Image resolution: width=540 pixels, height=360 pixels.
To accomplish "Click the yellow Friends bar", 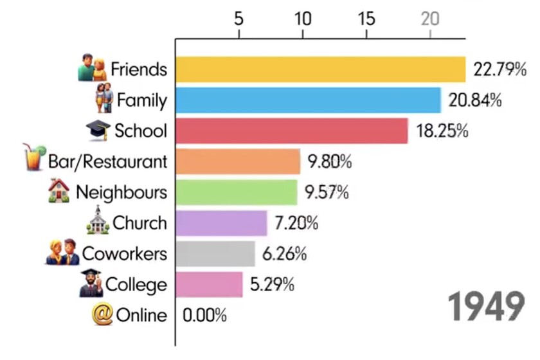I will coord(320,69).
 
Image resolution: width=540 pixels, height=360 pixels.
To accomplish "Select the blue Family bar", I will coord(308,100).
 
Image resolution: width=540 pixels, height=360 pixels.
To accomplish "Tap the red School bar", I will coord(291,131).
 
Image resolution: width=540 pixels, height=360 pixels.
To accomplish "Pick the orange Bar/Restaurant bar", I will coord(238,161).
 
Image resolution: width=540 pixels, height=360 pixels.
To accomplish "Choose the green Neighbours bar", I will coord(236,192).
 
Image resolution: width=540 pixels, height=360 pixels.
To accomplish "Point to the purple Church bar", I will coord(221,223).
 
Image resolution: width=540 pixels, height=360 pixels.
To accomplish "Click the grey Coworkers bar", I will coord(215,254).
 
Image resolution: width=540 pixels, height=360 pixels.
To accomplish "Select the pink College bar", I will coord(209,284).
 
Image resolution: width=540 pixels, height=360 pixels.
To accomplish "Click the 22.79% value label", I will coord(500,69).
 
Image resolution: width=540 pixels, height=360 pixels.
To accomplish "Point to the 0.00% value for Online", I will coord(205,316).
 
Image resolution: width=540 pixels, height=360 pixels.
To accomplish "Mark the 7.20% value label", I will coord(296,223).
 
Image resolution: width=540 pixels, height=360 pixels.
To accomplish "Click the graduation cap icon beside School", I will coord(98,130).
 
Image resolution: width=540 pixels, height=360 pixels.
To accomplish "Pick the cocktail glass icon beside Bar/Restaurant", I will coord(33,157).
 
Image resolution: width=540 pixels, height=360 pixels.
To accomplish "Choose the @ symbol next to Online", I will coord(102,315).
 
